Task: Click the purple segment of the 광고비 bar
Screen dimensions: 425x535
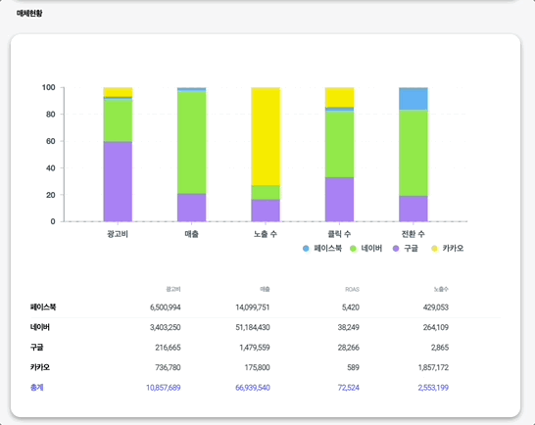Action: (x=118, y=181)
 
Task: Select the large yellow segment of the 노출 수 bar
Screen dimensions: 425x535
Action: (x=266, y=135)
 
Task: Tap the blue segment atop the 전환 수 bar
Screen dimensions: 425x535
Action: (x=413, y=98)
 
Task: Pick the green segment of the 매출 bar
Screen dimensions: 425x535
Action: (x=191, y=142)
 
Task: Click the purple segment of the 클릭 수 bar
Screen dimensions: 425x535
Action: (x=339, y=199)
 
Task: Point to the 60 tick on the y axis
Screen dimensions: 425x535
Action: (x=48, y=141)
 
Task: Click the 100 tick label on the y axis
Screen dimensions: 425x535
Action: (x=47, y=87)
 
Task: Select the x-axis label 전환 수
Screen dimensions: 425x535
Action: (x=413, y=234)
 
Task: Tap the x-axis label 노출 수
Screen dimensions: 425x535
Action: (x=266, y=234)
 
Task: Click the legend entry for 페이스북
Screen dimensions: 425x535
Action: (x=322, y=249)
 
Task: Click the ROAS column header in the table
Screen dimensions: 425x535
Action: (x=353, y=289)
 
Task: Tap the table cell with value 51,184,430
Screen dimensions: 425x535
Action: (x=247, y=327)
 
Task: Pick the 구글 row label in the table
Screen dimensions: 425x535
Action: (x=37, y=347)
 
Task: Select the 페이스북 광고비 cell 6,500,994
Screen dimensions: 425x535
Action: (x=159, y=307)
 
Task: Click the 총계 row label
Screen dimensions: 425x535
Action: (x=37, y=388)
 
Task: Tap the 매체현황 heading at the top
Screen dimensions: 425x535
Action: (x=29, y=14)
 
